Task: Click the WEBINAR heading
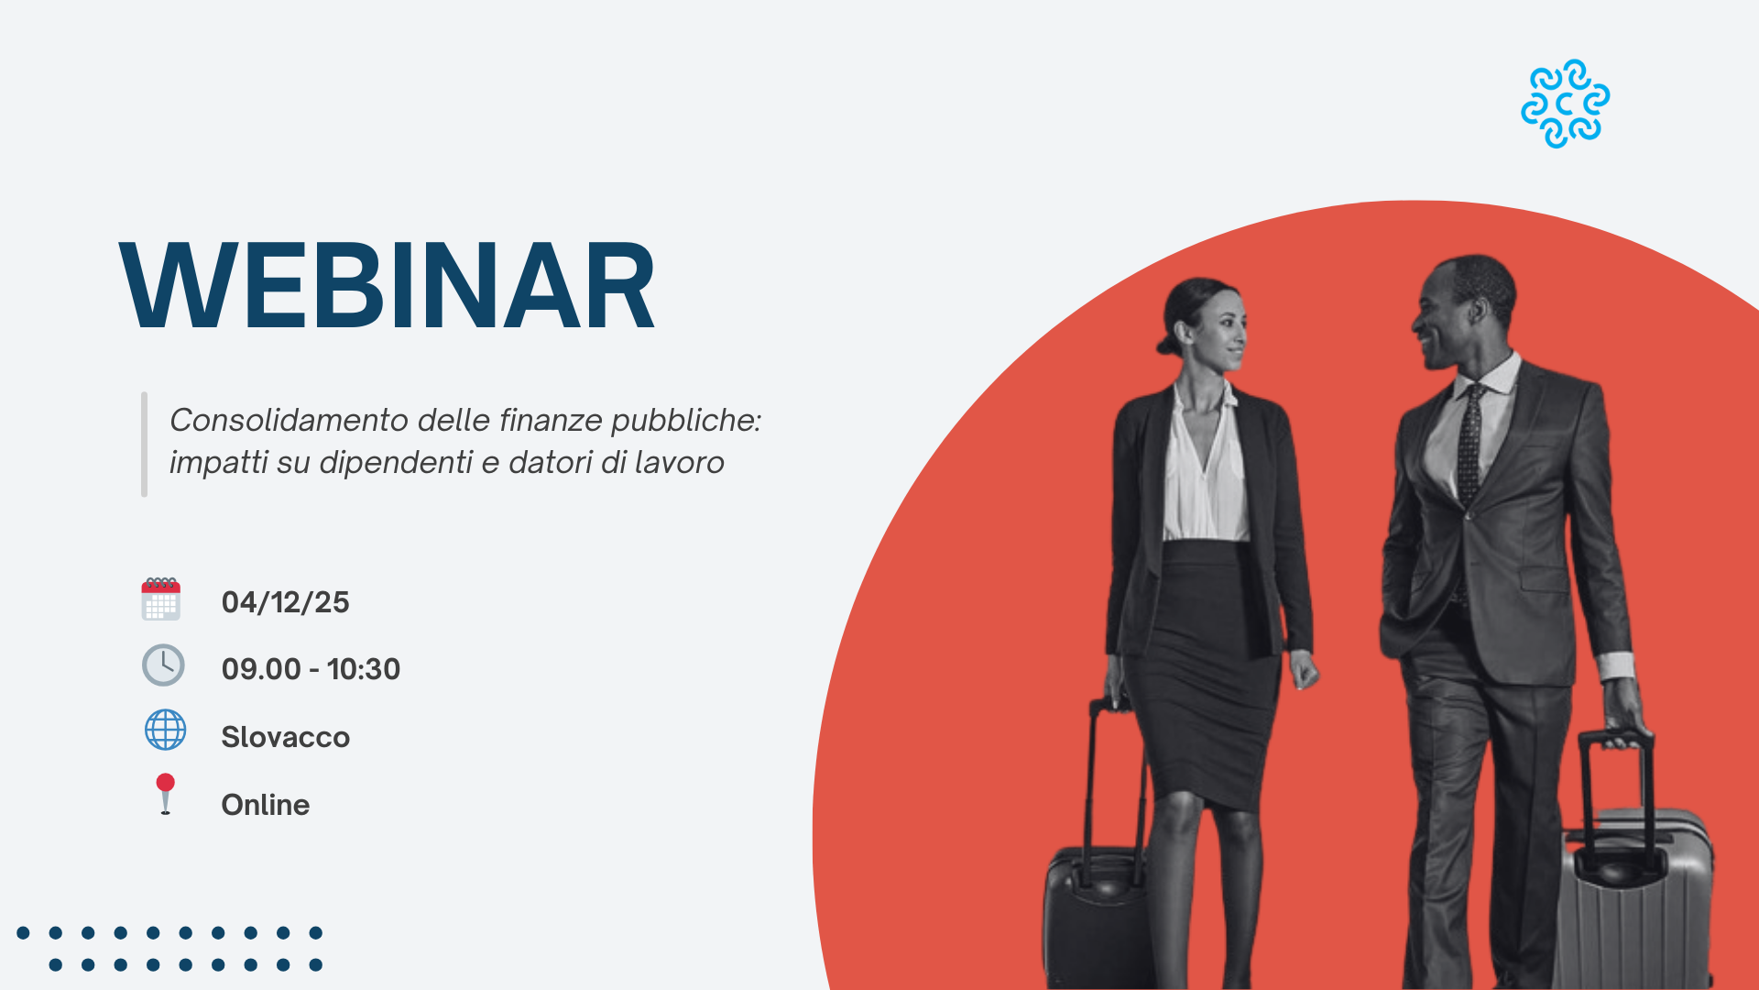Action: pos(388,285)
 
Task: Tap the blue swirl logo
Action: pos(1565,104)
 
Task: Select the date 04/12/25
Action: pos(285,602)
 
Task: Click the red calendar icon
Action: pos(161,599)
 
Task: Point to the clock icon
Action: pos(163,665)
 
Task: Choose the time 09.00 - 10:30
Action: pos(311,669)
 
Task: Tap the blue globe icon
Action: pos(166,731)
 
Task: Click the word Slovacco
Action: pos(285,737)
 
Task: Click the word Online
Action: pos(266,805)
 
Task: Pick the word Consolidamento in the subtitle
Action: pos(289,420)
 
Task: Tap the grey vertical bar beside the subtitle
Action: pos(144,445)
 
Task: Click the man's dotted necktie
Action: pos(1469,445)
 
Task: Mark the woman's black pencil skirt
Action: pos(1202,669)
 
